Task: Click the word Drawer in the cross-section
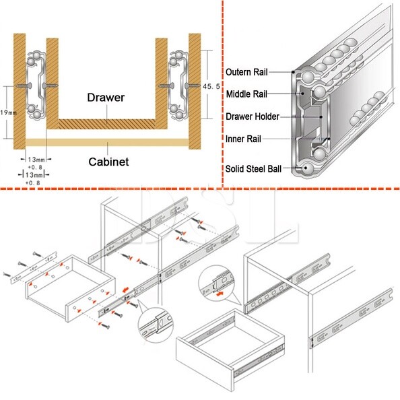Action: (x=106, y=98)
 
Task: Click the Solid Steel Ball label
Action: (x=253, y=168)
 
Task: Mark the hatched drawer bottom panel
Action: (x=106, y=124)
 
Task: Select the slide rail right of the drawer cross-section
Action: (x=177, y=84)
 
